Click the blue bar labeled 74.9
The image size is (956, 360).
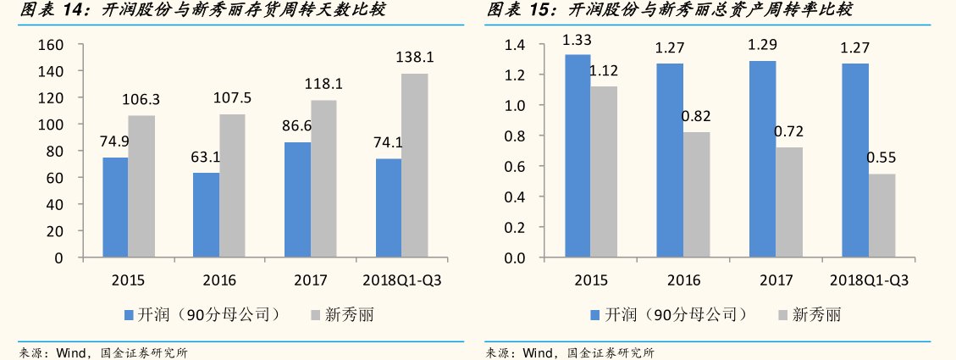(x=115, y=208)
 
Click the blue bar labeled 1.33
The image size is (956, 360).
(x=577, y=156)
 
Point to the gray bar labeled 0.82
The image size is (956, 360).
(x=697, y=195)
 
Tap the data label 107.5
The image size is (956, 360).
(x=232, y=98)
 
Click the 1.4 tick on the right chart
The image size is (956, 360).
(x=516, y=44)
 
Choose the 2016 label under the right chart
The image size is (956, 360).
(x=683, y=280)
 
